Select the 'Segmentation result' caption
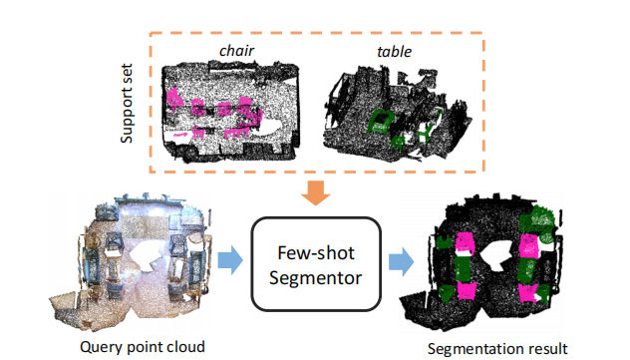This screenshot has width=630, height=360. pyautogui.click(x=496, y=349)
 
